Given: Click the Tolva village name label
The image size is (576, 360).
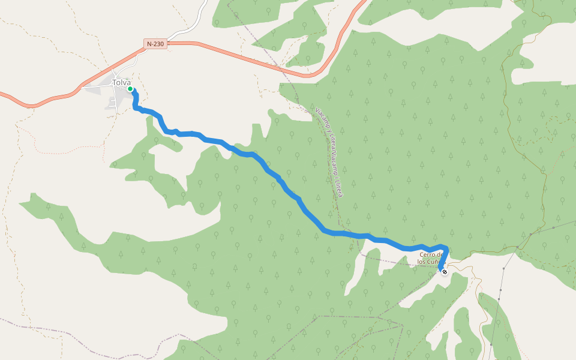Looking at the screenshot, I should pos(121,82).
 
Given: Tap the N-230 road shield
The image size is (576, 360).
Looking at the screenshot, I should pos(155,44).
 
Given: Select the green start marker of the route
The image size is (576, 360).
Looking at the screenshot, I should pos(130,89).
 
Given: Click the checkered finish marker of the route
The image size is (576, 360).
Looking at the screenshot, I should pos(445,272).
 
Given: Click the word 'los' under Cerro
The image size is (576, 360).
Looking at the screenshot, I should pos(423,262).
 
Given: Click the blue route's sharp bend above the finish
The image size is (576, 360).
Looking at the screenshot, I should pos(445,247).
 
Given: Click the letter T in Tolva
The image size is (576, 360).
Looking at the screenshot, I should pos(114,82).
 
